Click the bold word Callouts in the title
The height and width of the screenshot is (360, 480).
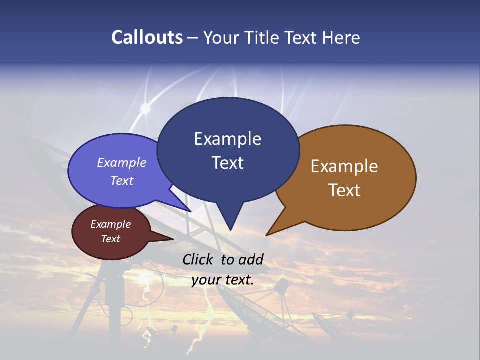pos(147,38)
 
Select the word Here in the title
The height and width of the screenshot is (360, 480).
pos(341,38)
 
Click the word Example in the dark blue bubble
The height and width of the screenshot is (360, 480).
pos(227,139)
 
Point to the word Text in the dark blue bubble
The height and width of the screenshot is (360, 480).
pos(227,163)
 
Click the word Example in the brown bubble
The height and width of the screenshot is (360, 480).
pos(344,166)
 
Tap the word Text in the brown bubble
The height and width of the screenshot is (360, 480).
pos(344,190)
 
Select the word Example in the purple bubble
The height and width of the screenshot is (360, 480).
pos(122,163)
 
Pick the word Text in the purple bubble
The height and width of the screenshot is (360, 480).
pos(122,181)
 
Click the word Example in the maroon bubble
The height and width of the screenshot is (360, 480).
pos(110,224)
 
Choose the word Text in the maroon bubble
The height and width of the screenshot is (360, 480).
pos(110,239)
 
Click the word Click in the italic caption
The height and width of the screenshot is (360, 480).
pos(199,260)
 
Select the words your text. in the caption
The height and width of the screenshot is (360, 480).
pos(222,280)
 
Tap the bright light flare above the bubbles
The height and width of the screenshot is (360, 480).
pos(145,107)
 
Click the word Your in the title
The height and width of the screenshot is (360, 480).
pos(219,38)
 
